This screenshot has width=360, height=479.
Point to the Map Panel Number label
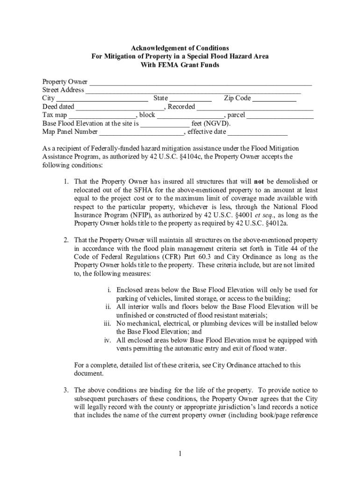(x=70, y=132)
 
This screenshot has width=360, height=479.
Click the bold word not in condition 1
(x=259, y=181)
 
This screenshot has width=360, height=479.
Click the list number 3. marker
(x=67, y=390)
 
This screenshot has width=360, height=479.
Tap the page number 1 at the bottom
(x=180, y=453)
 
